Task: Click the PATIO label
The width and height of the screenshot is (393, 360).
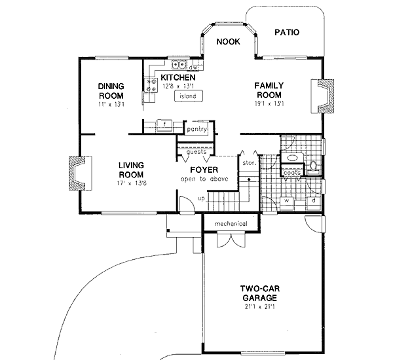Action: (x=287, y=31)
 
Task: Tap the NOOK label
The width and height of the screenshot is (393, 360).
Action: (x=229, y=41)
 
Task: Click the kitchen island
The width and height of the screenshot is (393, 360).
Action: (x=188, y=97)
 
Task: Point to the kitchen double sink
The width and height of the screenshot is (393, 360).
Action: (x=178, y=65)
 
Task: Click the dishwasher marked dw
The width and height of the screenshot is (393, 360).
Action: (x=193, y=67)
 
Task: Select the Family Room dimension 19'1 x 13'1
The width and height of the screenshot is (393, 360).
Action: (x=269, y=103)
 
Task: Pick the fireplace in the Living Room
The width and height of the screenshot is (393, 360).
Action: (x=77, y=175)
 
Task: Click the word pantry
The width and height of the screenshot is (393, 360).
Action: (x=196, y=130)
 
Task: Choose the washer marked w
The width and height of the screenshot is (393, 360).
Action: (x=287, y=201)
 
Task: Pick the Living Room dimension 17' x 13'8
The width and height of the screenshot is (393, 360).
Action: (x=131, y=185)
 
